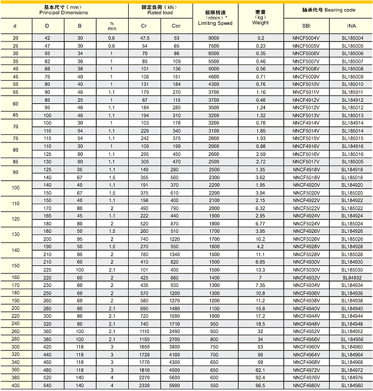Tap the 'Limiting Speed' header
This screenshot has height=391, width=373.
(215, 23)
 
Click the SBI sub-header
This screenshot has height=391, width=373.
(306, 26)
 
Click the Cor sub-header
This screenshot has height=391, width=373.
(176, 26)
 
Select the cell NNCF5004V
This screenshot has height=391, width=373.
(306, 38)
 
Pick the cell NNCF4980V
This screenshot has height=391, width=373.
(306, 385)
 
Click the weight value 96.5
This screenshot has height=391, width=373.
(261, 385)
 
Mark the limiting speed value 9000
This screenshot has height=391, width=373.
(214, 38)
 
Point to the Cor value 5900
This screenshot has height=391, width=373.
(176, 385)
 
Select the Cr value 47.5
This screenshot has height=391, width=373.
(144, 38)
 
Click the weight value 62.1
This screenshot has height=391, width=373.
(261, 369)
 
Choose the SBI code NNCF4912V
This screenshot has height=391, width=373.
(306, 100)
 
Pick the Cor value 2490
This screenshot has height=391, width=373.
(176, 331)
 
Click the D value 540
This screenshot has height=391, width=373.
(48, 385)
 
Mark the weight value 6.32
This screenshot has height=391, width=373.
(261, 207)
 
